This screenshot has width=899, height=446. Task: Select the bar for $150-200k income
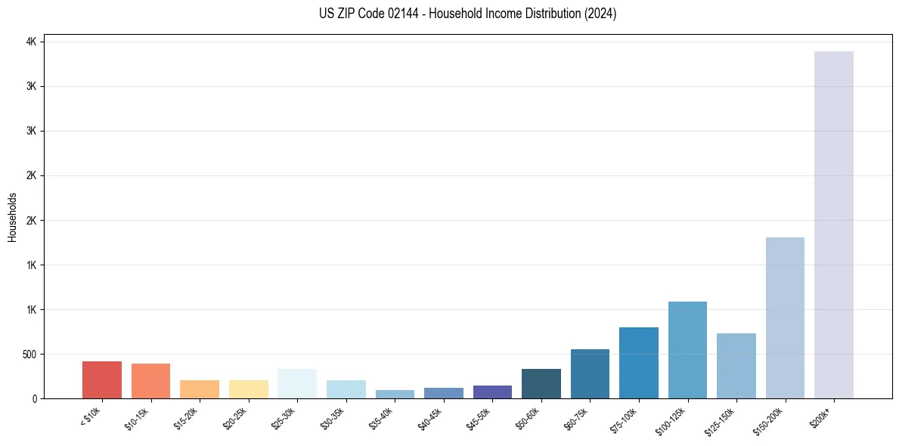click(x=785, y=317)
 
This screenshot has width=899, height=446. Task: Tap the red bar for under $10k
click(x=102, y=379)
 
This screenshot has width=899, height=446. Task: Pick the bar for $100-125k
click(x=687, y=350)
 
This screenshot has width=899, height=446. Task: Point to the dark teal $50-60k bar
click(x=541, y=383)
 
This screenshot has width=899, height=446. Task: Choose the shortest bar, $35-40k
click(x=395, y=394)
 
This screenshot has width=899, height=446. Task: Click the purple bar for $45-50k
click(x=492, y=392)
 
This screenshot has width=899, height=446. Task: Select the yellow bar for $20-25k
click(x=249, y=389)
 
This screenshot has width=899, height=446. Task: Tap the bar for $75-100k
click(x=639, y=363)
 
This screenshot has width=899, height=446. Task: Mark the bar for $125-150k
click(x=736, y=366)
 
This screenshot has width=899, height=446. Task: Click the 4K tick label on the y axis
click(x=31, y=42)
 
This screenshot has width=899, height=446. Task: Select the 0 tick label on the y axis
click(x=34, y=398)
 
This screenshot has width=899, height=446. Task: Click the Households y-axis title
click(x=13, y=217)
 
